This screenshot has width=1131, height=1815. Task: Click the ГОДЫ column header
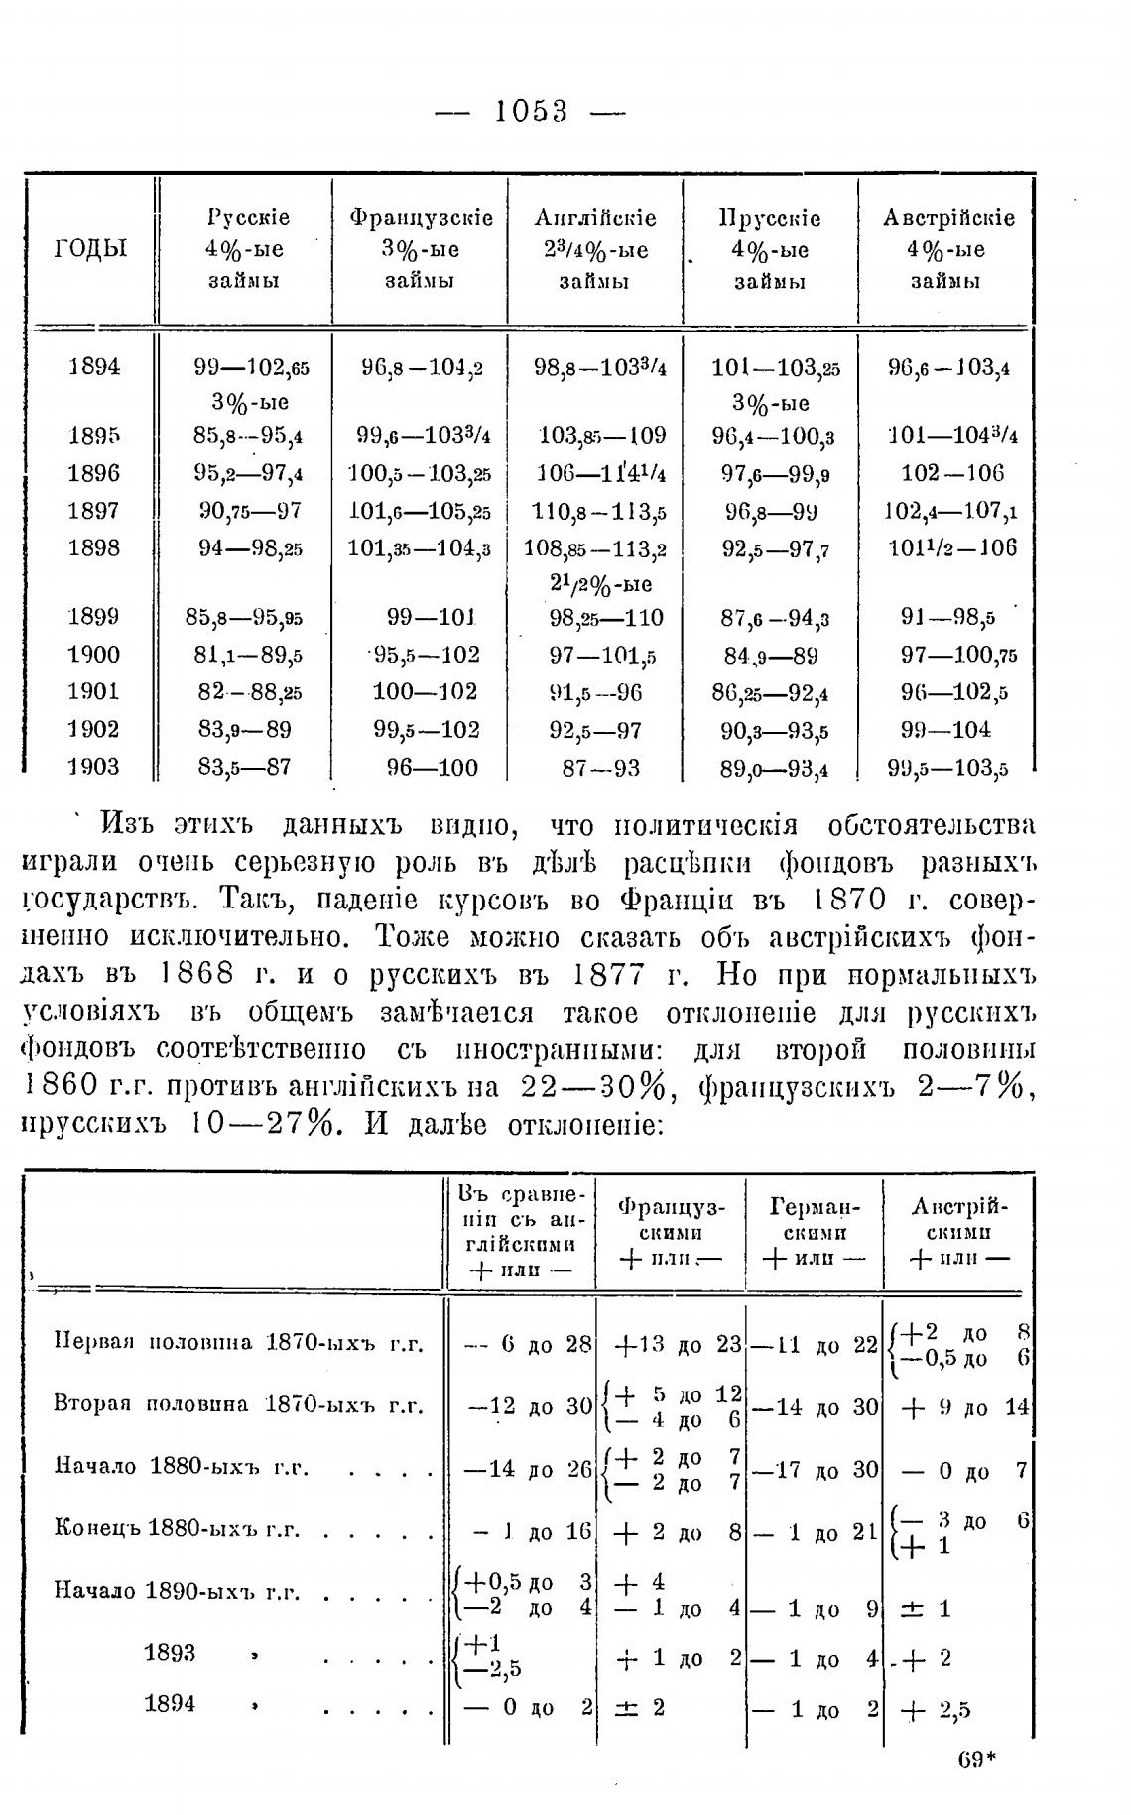(90, 248)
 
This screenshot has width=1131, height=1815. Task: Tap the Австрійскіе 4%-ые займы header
(947, 249)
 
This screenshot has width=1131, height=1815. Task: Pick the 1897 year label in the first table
(93, 511)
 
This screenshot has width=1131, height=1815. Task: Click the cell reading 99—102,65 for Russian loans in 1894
(251, 368)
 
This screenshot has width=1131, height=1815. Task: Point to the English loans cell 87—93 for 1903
(595, 768)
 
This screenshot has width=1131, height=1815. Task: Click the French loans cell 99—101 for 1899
(432, 618)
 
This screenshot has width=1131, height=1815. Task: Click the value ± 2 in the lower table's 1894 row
(641, 1708)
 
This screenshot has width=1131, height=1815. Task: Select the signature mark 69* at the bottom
(976, 1759)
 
